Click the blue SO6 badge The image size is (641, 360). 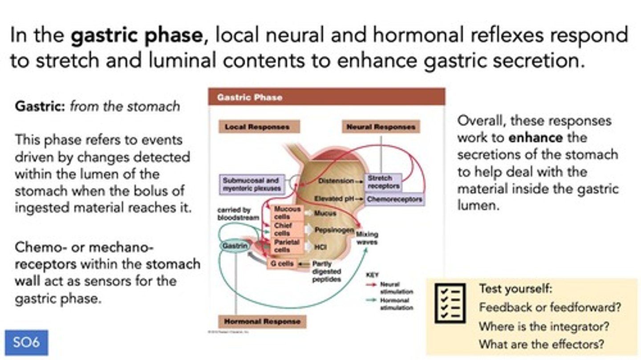26,343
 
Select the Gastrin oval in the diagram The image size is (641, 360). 234,245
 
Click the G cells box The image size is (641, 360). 281,264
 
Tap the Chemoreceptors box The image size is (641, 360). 394,199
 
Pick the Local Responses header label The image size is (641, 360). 257,127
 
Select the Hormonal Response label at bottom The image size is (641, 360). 262,321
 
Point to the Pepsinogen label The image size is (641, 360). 334,230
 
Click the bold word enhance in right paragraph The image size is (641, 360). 536,138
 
